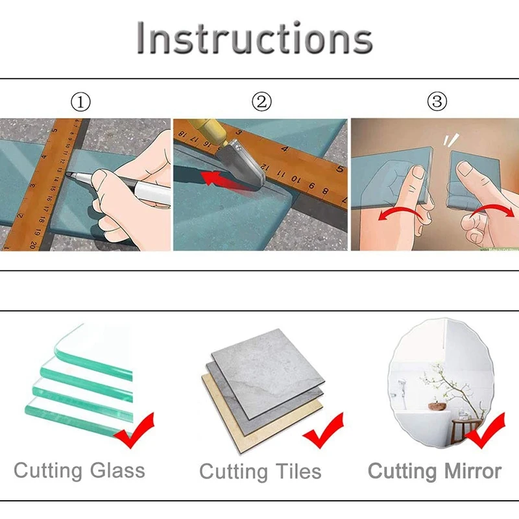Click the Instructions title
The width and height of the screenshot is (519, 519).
click(x=254, y=39)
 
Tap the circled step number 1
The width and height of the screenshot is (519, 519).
click(x=80, y=102)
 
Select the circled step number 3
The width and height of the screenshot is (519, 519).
click(x=437, y=102)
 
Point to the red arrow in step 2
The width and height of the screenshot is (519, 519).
click(x=217, y=177)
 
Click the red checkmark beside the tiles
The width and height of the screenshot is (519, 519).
click(x=324, y=431)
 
